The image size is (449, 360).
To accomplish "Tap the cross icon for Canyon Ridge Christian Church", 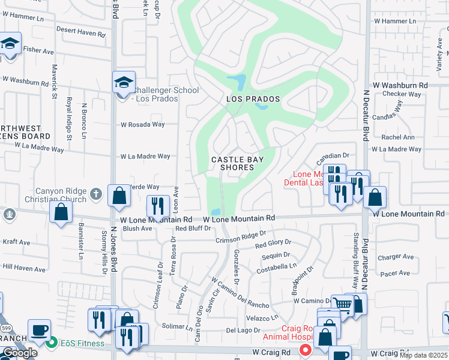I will tap(95, 194).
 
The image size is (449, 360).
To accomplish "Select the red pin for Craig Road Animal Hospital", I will tap(306, 349).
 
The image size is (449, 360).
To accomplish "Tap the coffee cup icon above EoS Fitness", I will tap(39, 330).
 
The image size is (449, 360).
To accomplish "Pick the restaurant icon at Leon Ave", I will tap(157, 206).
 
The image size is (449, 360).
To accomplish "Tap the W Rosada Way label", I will tap(142, 125).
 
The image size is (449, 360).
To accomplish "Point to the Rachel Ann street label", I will tap(398, 137).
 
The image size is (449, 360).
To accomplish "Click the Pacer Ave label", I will tap(395, 273).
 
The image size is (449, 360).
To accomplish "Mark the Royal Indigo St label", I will tap(70, 119).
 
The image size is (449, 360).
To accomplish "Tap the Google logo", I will tap(20, 353).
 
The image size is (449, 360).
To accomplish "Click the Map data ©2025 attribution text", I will tap(424, 355).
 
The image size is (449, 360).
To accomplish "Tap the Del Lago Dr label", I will tap(243, 330).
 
